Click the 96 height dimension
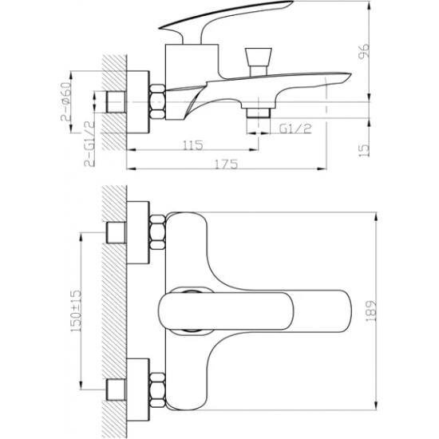(x=364, y=51)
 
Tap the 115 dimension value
(x=192, y=145)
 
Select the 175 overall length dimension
(x=227, y=164)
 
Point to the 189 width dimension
(x=371, y=311)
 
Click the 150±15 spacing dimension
(x=76, y=310)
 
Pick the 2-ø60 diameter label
(x=65, y=101)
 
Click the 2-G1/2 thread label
(x=89, y=144)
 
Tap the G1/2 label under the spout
(x=295, y=129)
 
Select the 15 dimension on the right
(x=364, y=150)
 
